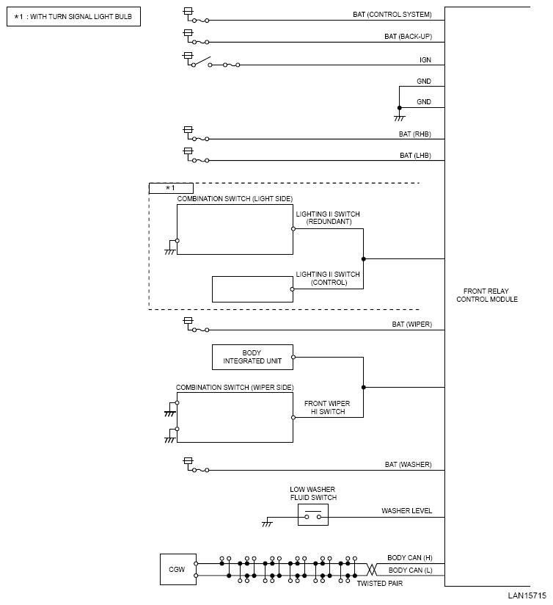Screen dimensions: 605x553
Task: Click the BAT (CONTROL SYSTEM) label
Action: (x=398, y=14)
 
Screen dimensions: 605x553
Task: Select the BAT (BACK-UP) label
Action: (x=408, y=36)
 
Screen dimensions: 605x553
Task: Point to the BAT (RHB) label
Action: (x=414, y=134)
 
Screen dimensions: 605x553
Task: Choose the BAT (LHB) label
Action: (x=415, y=156)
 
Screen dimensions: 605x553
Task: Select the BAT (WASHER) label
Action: (x=408, y=465)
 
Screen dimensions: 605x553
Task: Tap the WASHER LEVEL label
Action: (x=406, y=511)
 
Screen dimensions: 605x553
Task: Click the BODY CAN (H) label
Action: (x=410, y=558)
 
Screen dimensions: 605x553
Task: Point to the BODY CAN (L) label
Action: (x=410, y=570)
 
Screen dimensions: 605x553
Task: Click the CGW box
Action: (x=178, y=569)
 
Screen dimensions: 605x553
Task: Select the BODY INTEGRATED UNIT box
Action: (x=252, y=357)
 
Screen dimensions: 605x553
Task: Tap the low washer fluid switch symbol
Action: (x=312, y=515)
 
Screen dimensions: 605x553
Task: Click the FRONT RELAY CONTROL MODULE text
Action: (x=487, y=295)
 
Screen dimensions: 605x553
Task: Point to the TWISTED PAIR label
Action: (x=379, y=583)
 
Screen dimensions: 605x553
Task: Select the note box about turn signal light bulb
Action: (x=73, y=15)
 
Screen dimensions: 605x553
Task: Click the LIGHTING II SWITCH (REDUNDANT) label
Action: (x=328, y=218)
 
